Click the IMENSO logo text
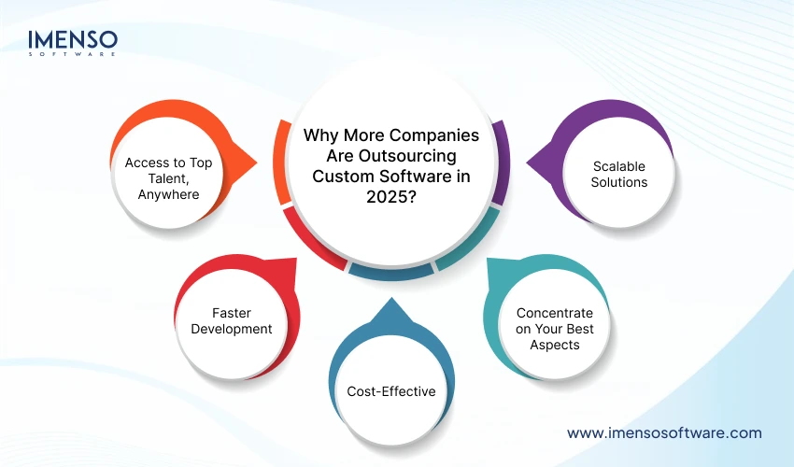click(73, 40)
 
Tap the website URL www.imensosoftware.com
click(664, 432)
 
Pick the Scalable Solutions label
click(619, 174)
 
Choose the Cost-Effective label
click(390, 391)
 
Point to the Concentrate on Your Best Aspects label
click(554, 328)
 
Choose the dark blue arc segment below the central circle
click(391, 272)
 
